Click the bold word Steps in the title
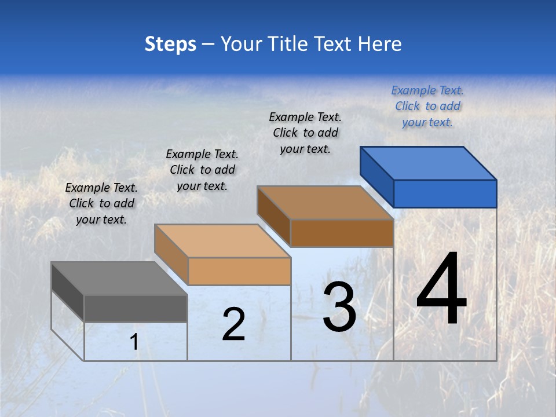click(170, 44)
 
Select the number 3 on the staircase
click(339, 307)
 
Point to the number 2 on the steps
click(233, 324)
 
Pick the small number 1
click(134, 342)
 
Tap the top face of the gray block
click(119, 279)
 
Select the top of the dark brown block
click(324, 203)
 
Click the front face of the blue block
click(445, 193)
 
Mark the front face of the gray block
click(136, 308)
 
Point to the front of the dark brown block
click(342, 233)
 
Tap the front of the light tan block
click(239, 271)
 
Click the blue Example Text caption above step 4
click(427, 106)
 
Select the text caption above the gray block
click(101, 203)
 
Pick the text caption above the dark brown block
click(305, 133)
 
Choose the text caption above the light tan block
click(202, 170)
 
